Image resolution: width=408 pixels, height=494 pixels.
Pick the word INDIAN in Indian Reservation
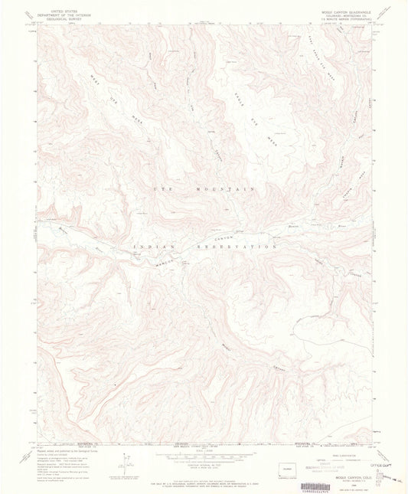[157, 246]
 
